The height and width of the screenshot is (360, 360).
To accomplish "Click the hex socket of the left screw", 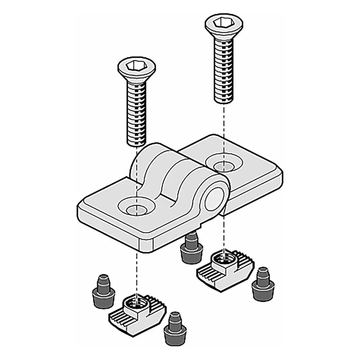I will (x=133, y=67).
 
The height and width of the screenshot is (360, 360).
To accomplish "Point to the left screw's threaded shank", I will (x=136, y=112).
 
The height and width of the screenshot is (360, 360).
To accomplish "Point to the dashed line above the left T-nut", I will (x=136, y=266).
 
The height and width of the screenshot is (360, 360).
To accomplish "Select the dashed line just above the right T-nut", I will (x=224, y=234).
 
